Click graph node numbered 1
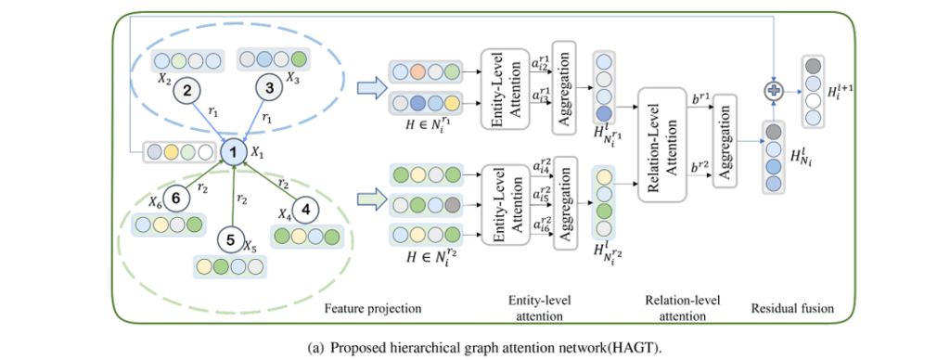coord(235,149)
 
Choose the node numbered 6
coord(177,198)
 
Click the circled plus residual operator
coord(772,91)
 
